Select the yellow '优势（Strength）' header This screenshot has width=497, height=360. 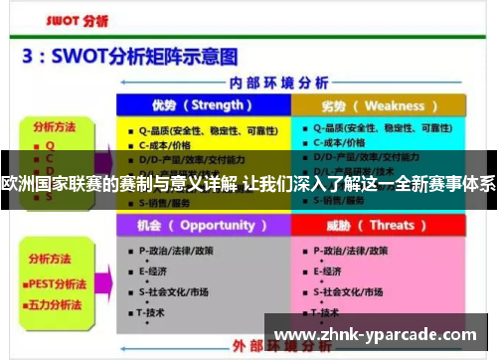click(x=202, y=105)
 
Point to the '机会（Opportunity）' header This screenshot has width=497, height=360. click(x=202, y=225)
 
